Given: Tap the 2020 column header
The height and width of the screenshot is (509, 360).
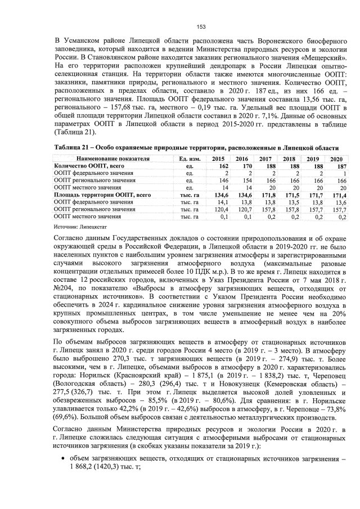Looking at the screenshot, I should [336, 159].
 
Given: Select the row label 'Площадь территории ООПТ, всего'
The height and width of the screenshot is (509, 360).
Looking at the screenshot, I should [102, 195].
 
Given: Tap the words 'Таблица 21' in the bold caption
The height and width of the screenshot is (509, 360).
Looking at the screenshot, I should [72, 147].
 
